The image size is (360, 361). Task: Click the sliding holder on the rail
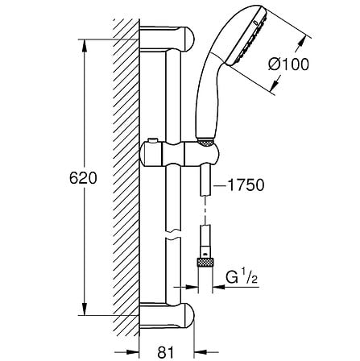tap(197, 152)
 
